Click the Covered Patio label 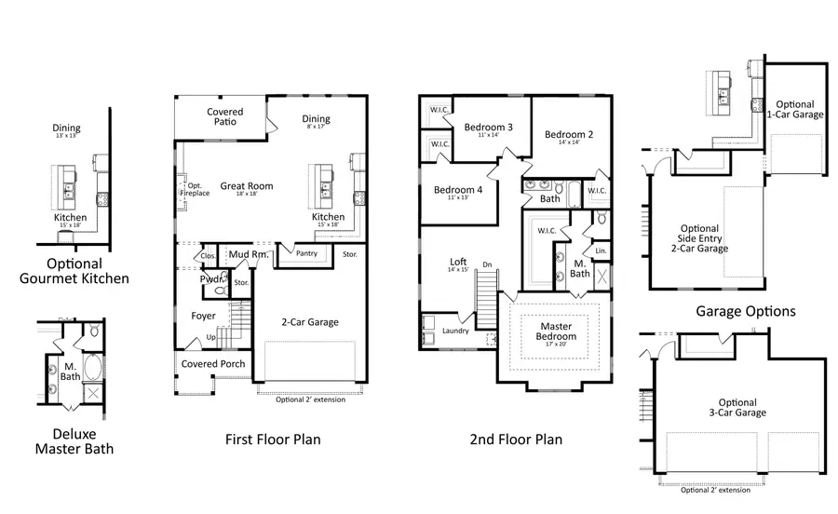point(224,117)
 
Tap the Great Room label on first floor point(246,186)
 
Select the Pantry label point(305,252)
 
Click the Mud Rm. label point(249,253)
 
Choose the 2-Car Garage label point(310,322)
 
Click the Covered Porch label point(213,363)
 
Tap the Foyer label point(204,316)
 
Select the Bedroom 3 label point(489,128)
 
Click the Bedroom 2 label point(569,134)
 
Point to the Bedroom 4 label point(458,190)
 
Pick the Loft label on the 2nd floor point(457,263)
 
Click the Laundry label point(455,331)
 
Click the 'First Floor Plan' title point(273,439)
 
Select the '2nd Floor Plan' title point(516,439)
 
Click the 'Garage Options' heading point(746,311)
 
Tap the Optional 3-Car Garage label point(737,408)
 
